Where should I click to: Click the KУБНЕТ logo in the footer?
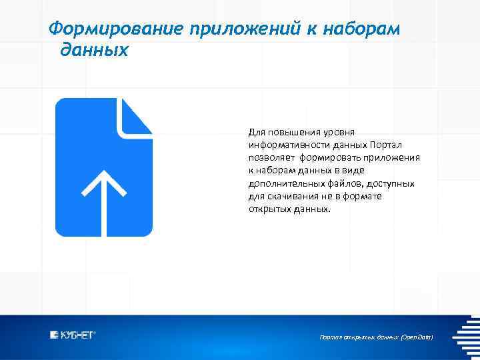(x=73, y=335)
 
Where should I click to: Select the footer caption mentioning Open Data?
(x=376, y=338)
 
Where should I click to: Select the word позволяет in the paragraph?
(x=271, y=159)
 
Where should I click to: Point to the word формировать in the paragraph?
(x=331, y=159)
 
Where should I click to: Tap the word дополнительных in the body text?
(x=280, y=184)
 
